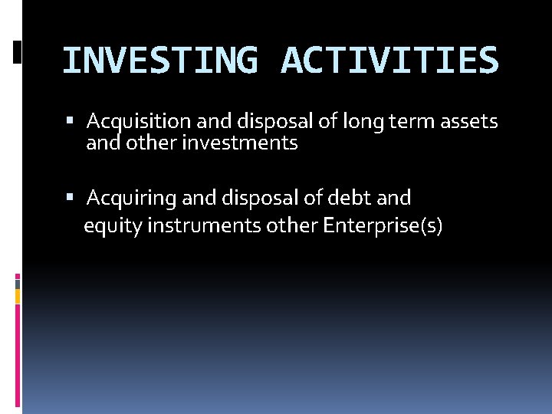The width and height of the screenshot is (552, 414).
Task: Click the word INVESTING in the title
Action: click(159, 61)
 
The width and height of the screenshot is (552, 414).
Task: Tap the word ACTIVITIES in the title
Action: click(389, 61)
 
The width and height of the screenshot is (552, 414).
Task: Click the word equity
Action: click(108, 227)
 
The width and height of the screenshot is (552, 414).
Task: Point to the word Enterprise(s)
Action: click(383, 227)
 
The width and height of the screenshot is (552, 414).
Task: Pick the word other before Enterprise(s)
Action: click(293, 227)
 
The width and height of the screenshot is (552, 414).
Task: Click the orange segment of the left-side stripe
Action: click(18, 294)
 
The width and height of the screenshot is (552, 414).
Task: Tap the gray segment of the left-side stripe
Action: click(18, 282)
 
